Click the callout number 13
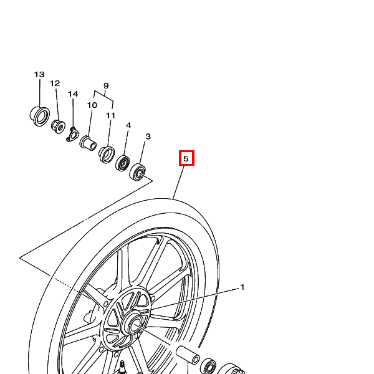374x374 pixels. (x=39, y=74)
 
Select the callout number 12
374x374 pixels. (x=55, y=84)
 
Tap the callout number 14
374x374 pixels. (x=73, y=93)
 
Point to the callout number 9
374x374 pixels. (x=106, y=85)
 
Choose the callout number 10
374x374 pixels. (x=92, y=105)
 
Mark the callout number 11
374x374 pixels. (x=110, y=115)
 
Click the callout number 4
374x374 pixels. (x=128, y=125)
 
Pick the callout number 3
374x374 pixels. (x=148, y=137)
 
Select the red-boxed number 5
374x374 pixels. (x=186, y=158)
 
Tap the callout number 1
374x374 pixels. (x=242, y=287)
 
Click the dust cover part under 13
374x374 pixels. (x=40, y=117)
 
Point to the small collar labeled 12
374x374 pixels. (x=58, y=127)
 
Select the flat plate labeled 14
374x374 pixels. (x=72, y=135)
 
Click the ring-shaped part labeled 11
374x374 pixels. (x=107, y=155)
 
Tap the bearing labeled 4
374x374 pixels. (x=122, y=163)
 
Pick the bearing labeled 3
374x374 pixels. (x=138, y=172)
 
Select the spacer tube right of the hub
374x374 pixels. (x=188, y=355)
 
